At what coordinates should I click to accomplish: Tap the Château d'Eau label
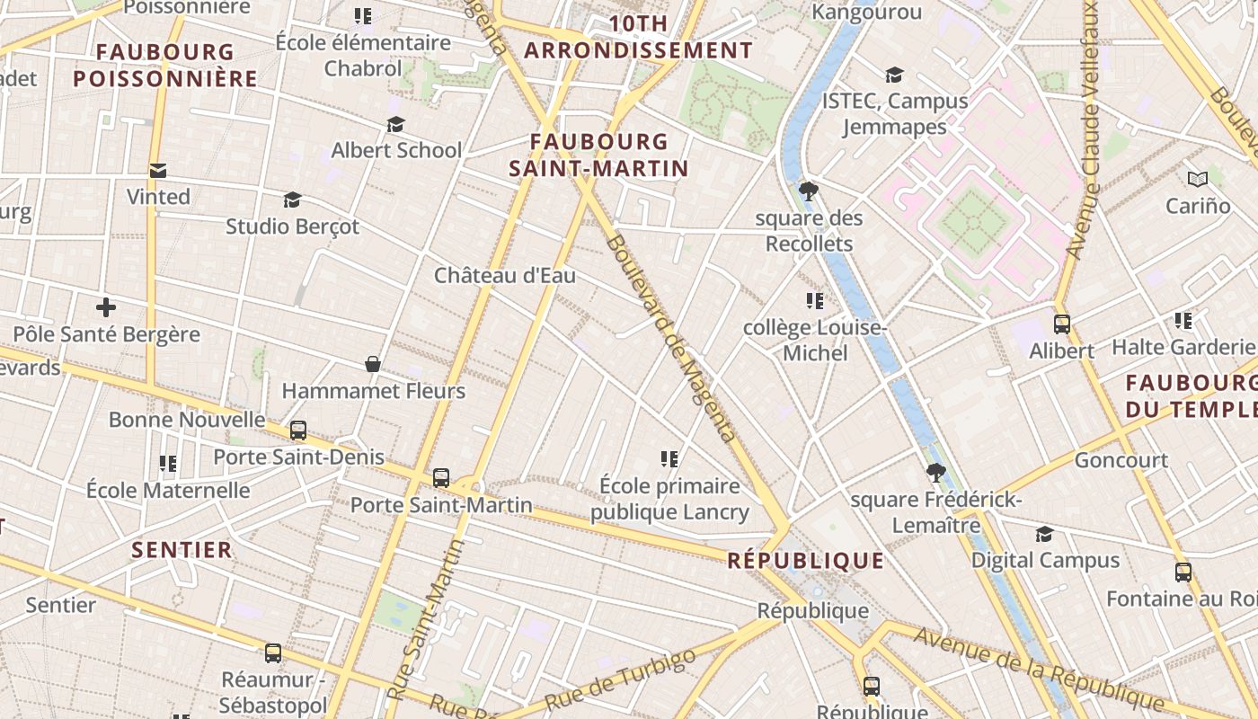[x=505, y=275]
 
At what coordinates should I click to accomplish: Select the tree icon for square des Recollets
[x=808, y=191]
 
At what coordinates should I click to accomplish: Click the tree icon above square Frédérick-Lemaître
[x=935, y=473]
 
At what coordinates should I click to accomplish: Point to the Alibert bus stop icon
[x=1062, y=324]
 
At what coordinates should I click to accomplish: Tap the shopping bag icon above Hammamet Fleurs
[x=373, y=364]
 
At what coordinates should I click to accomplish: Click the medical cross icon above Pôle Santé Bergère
[x=106, y=308]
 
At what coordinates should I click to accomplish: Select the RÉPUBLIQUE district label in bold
[x=805, y=561]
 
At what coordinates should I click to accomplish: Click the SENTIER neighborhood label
[x=182, y=549]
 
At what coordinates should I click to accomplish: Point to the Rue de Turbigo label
[x=620, y=679]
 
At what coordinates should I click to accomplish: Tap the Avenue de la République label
[x=1040, y=669]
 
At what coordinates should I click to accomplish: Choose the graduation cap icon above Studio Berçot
[x=292, y=200]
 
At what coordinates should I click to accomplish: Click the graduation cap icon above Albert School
[x=395, y=124]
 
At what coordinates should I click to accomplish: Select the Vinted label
[x=158, y=197]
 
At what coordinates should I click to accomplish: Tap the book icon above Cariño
[x=1197, y=180]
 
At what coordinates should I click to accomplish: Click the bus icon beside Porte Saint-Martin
[x=440, y=478]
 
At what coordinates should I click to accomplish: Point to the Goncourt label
[x=1121, y=460]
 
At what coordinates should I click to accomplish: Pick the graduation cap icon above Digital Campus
[x=1044, y=535]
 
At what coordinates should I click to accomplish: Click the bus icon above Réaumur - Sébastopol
[x=273, y=653]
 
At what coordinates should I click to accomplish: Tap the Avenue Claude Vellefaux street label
[x=1084, y=130]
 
